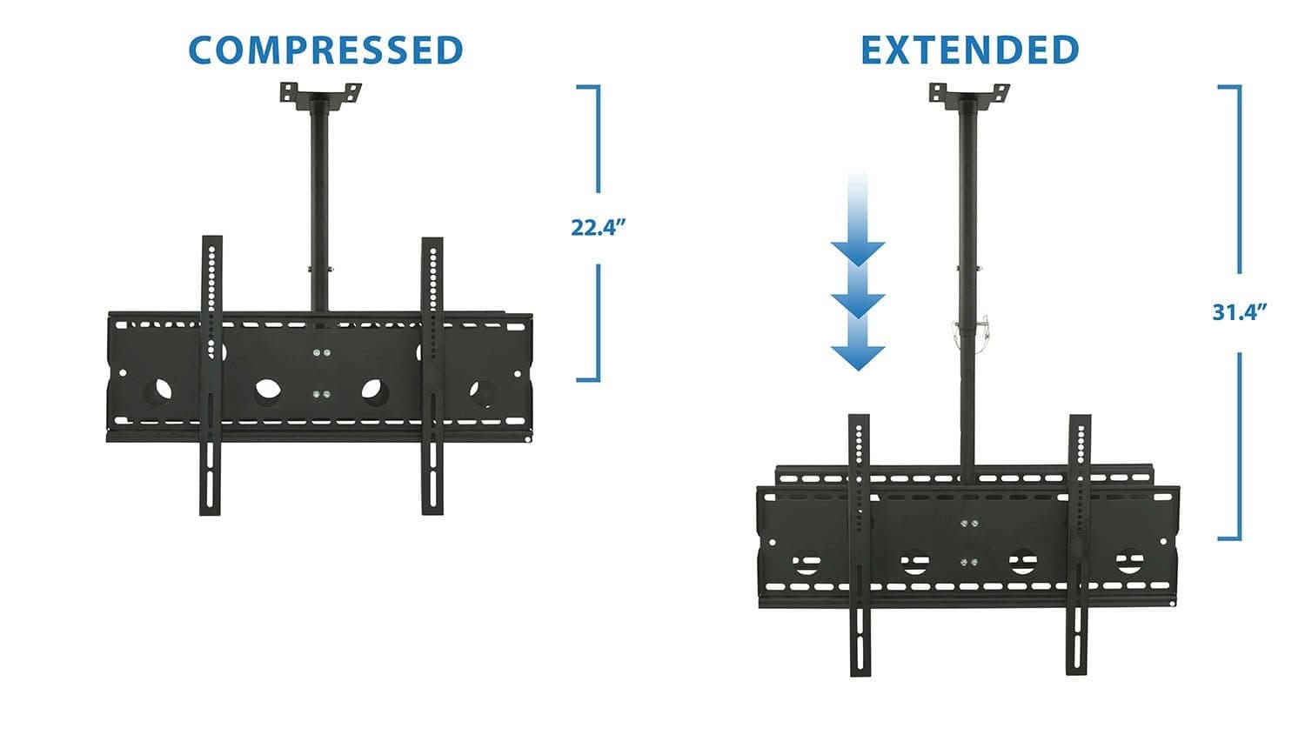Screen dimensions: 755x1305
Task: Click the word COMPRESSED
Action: click(x=325, y=50)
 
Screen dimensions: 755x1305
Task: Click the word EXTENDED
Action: click(x=969, y=50)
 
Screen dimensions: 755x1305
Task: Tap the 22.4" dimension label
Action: click(x=599, y=228)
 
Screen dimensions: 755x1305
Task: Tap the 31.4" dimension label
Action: click(x=1239, y=312)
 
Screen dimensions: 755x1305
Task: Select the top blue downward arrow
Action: click(x=858, y=252)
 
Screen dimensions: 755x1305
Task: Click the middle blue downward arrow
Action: click(x=858, y=304)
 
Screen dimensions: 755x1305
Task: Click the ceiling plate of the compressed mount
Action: click(x=320, y=92)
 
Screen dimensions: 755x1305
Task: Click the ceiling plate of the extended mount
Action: click(x=968, y=92)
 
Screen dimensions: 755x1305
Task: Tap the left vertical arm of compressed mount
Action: click(x=211, y=374)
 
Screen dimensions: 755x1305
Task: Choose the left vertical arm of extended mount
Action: click(x=860, y=544)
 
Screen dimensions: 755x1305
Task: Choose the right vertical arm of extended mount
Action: click(x=1079, y=544)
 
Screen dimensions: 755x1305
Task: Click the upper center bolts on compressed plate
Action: click(x=321, y=353)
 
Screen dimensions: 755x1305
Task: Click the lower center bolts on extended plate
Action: click(x=968, y=563)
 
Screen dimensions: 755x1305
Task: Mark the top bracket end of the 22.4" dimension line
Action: click(x=588, y=87)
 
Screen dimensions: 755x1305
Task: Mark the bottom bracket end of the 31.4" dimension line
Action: click(x=1228, y=538)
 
